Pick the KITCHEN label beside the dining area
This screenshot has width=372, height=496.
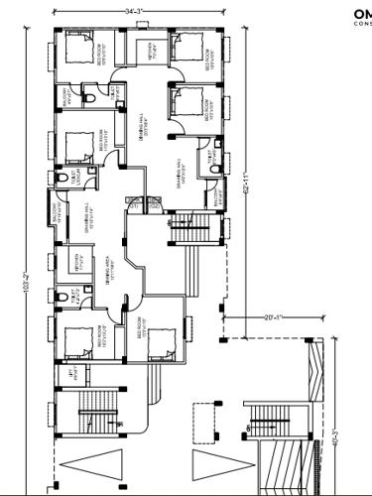76,263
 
